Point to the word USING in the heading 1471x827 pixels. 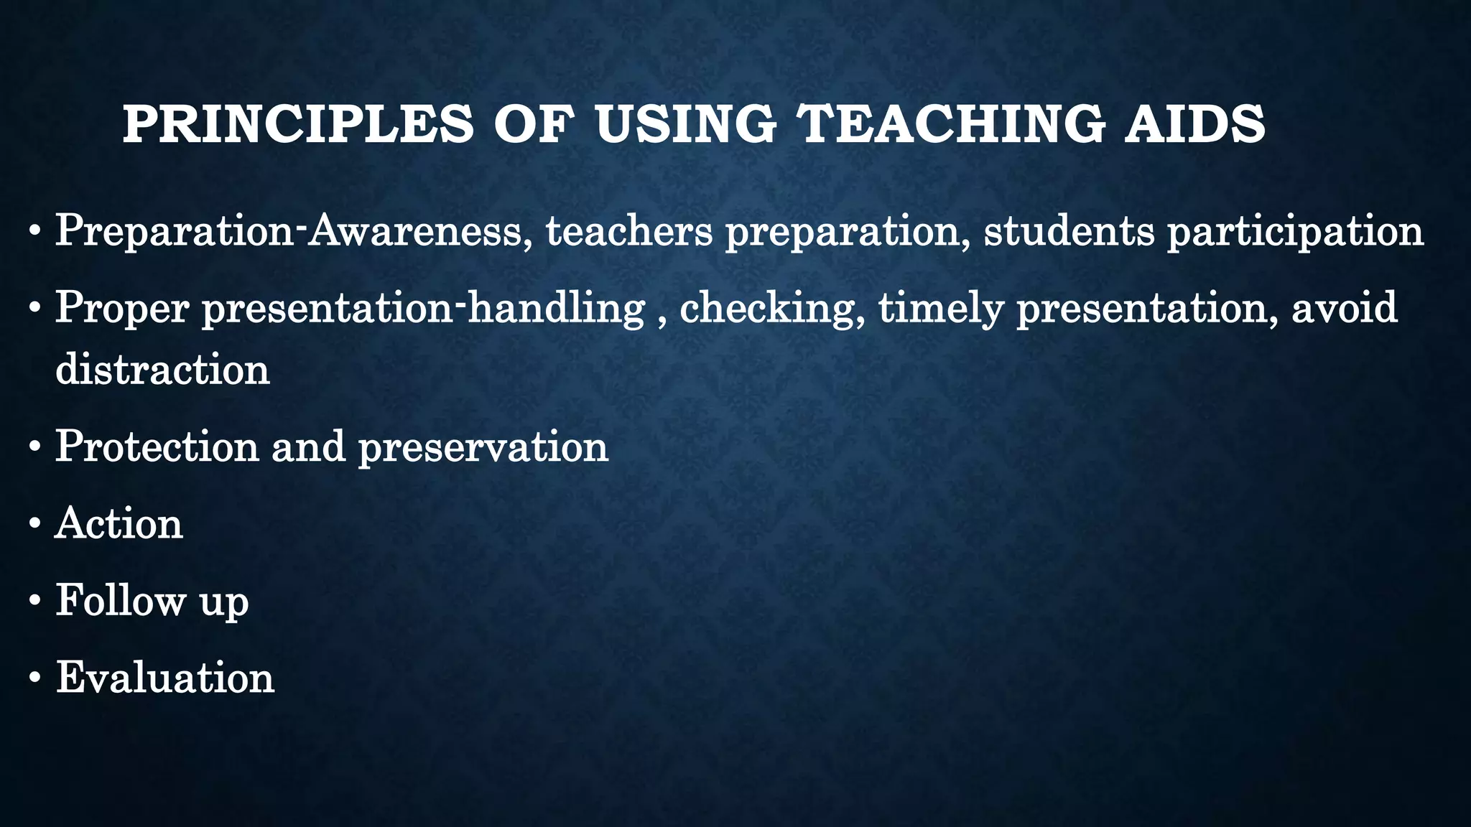685,124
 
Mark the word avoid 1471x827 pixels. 1345,307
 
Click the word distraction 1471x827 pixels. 163,370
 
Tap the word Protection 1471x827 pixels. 157,447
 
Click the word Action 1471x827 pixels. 119,523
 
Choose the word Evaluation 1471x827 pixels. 165,677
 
